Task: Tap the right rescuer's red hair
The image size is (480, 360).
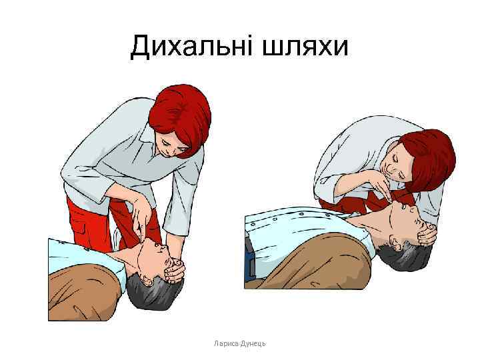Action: (x=430, y=157)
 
